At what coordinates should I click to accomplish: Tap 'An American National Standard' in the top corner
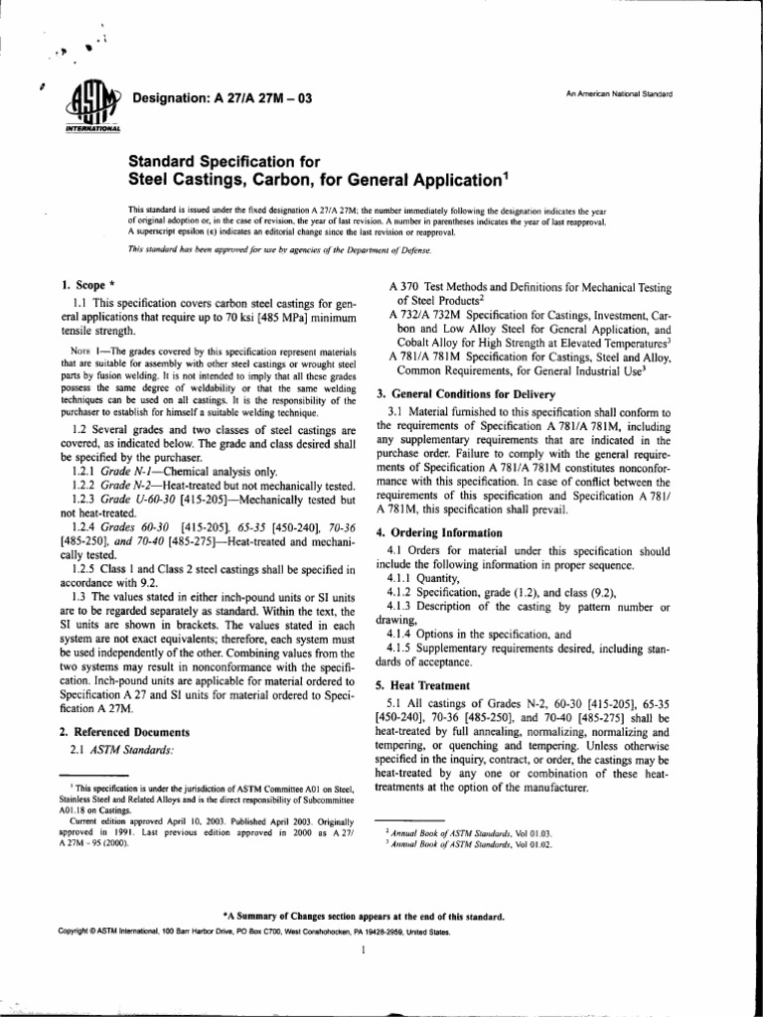point(619,94)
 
